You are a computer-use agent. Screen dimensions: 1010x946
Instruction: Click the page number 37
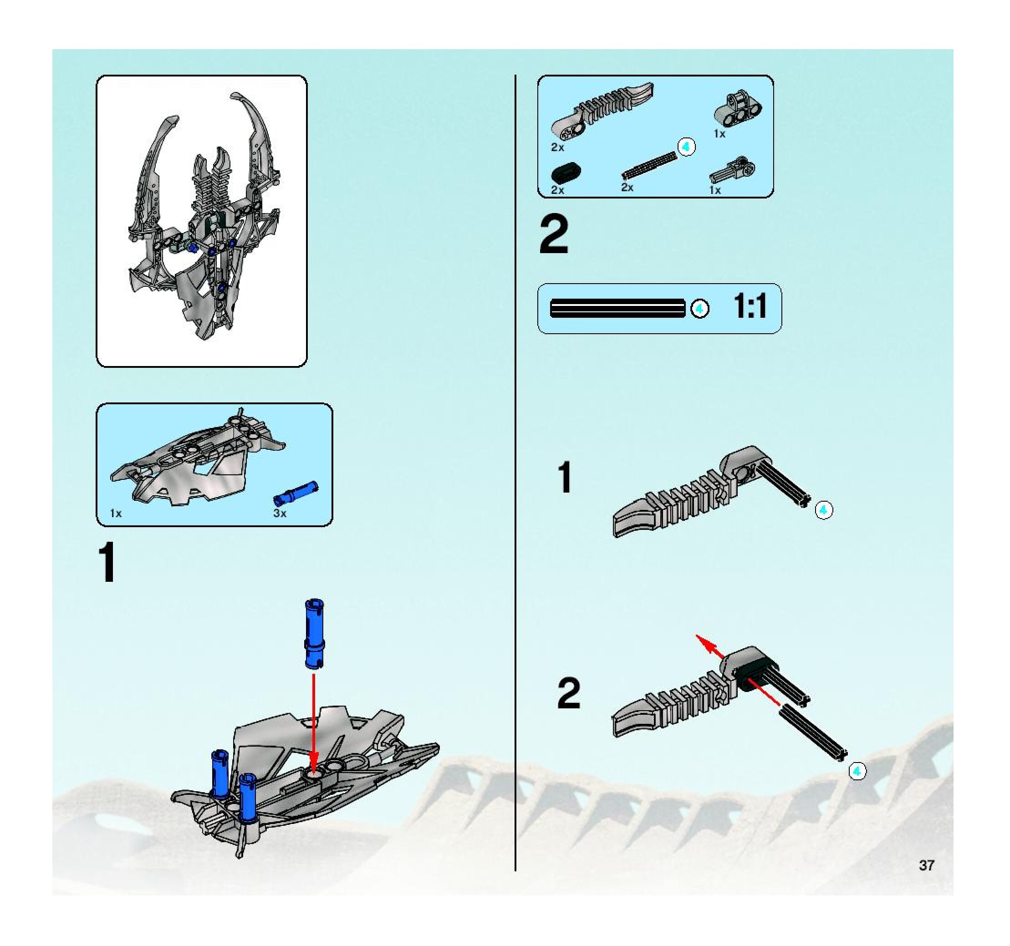pyautogui.click(x=926, y=865)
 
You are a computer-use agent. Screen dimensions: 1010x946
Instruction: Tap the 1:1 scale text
pyautogui.click(x=750, y=307)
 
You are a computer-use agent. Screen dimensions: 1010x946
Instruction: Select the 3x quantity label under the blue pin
pyautogui.click(x=280, y=514)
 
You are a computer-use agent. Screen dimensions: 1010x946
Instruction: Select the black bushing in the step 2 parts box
pyautogui.click(x=566, y=173)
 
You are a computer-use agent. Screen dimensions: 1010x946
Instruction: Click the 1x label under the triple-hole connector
pyautogui.click(x=719, y=134)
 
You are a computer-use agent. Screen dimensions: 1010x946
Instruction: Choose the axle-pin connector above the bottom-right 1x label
pyautogui.click(x=732, y=171)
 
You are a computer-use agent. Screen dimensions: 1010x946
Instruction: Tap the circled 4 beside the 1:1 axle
pyautogui.click(x=699, y=309)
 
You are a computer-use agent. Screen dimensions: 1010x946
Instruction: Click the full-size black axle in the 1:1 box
pyautogui.click(x=617, y=308)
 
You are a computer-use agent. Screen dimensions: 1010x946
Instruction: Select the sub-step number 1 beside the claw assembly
pyautogui.click(x=565, y=477)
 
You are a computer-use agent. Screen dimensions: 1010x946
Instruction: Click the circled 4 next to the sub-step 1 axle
pyautogui.click(x=824, y=510)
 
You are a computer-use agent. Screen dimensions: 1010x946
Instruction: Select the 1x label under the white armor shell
pyautogui.click(x=116, y=514)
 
